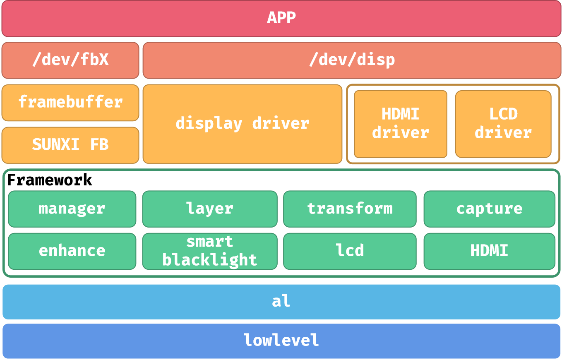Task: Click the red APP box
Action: pyautogui.click(x=281, y=19)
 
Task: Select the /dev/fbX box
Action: pyautogui.click(x=70, y=60)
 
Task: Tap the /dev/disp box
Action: pyautogui.click(x=352, y=60)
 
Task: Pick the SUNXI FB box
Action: pyautogui.click(x=70, y=145)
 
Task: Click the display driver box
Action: pyautogui.click(x=242, y=124)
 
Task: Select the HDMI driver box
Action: pyautogui.click(x=400, y=124)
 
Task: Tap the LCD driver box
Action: pyautogui.click(x=503, y=124)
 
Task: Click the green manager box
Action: pyautogui.click(x=72, y=209)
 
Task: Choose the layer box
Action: pyautogui.click(x=210, y=209)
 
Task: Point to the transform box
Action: pyautogui.click(x=350, y=209)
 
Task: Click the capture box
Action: pyautogui.click(x=489, y=209)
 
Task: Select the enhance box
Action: pyautogui.click(x=72, y=251)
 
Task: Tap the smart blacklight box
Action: pyautogui.click(x=210, y=251)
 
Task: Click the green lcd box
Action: pyautogui.click(x=350, y=251)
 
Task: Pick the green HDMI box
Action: pyautogui.click(x=489, y=251)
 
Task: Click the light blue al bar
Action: pyautogui.click(x=281, y=302)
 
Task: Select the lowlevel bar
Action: pyautogui.click(x=281, y=341)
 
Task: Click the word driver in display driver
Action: pyautogui.click(x=281, y=124)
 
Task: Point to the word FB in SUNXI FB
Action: pyautogui.click(x=99, y=145)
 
